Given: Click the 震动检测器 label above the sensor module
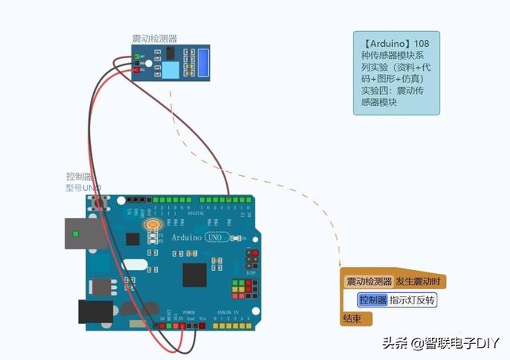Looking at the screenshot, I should coord(155,38).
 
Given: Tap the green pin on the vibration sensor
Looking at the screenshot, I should coord(137,57).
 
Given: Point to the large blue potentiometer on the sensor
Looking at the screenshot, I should coord(203,63).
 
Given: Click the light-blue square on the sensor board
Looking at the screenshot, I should coord(171,70).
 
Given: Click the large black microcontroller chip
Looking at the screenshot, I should coord(195,274).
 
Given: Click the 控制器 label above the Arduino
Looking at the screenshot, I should coord(80,176).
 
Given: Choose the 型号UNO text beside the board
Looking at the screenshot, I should coord(84,188).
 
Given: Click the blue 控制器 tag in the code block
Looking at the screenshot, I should coord(372,300).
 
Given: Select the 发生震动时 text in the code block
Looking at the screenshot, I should coord(420,281).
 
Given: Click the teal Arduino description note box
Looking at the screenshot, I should coord(396,73).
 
